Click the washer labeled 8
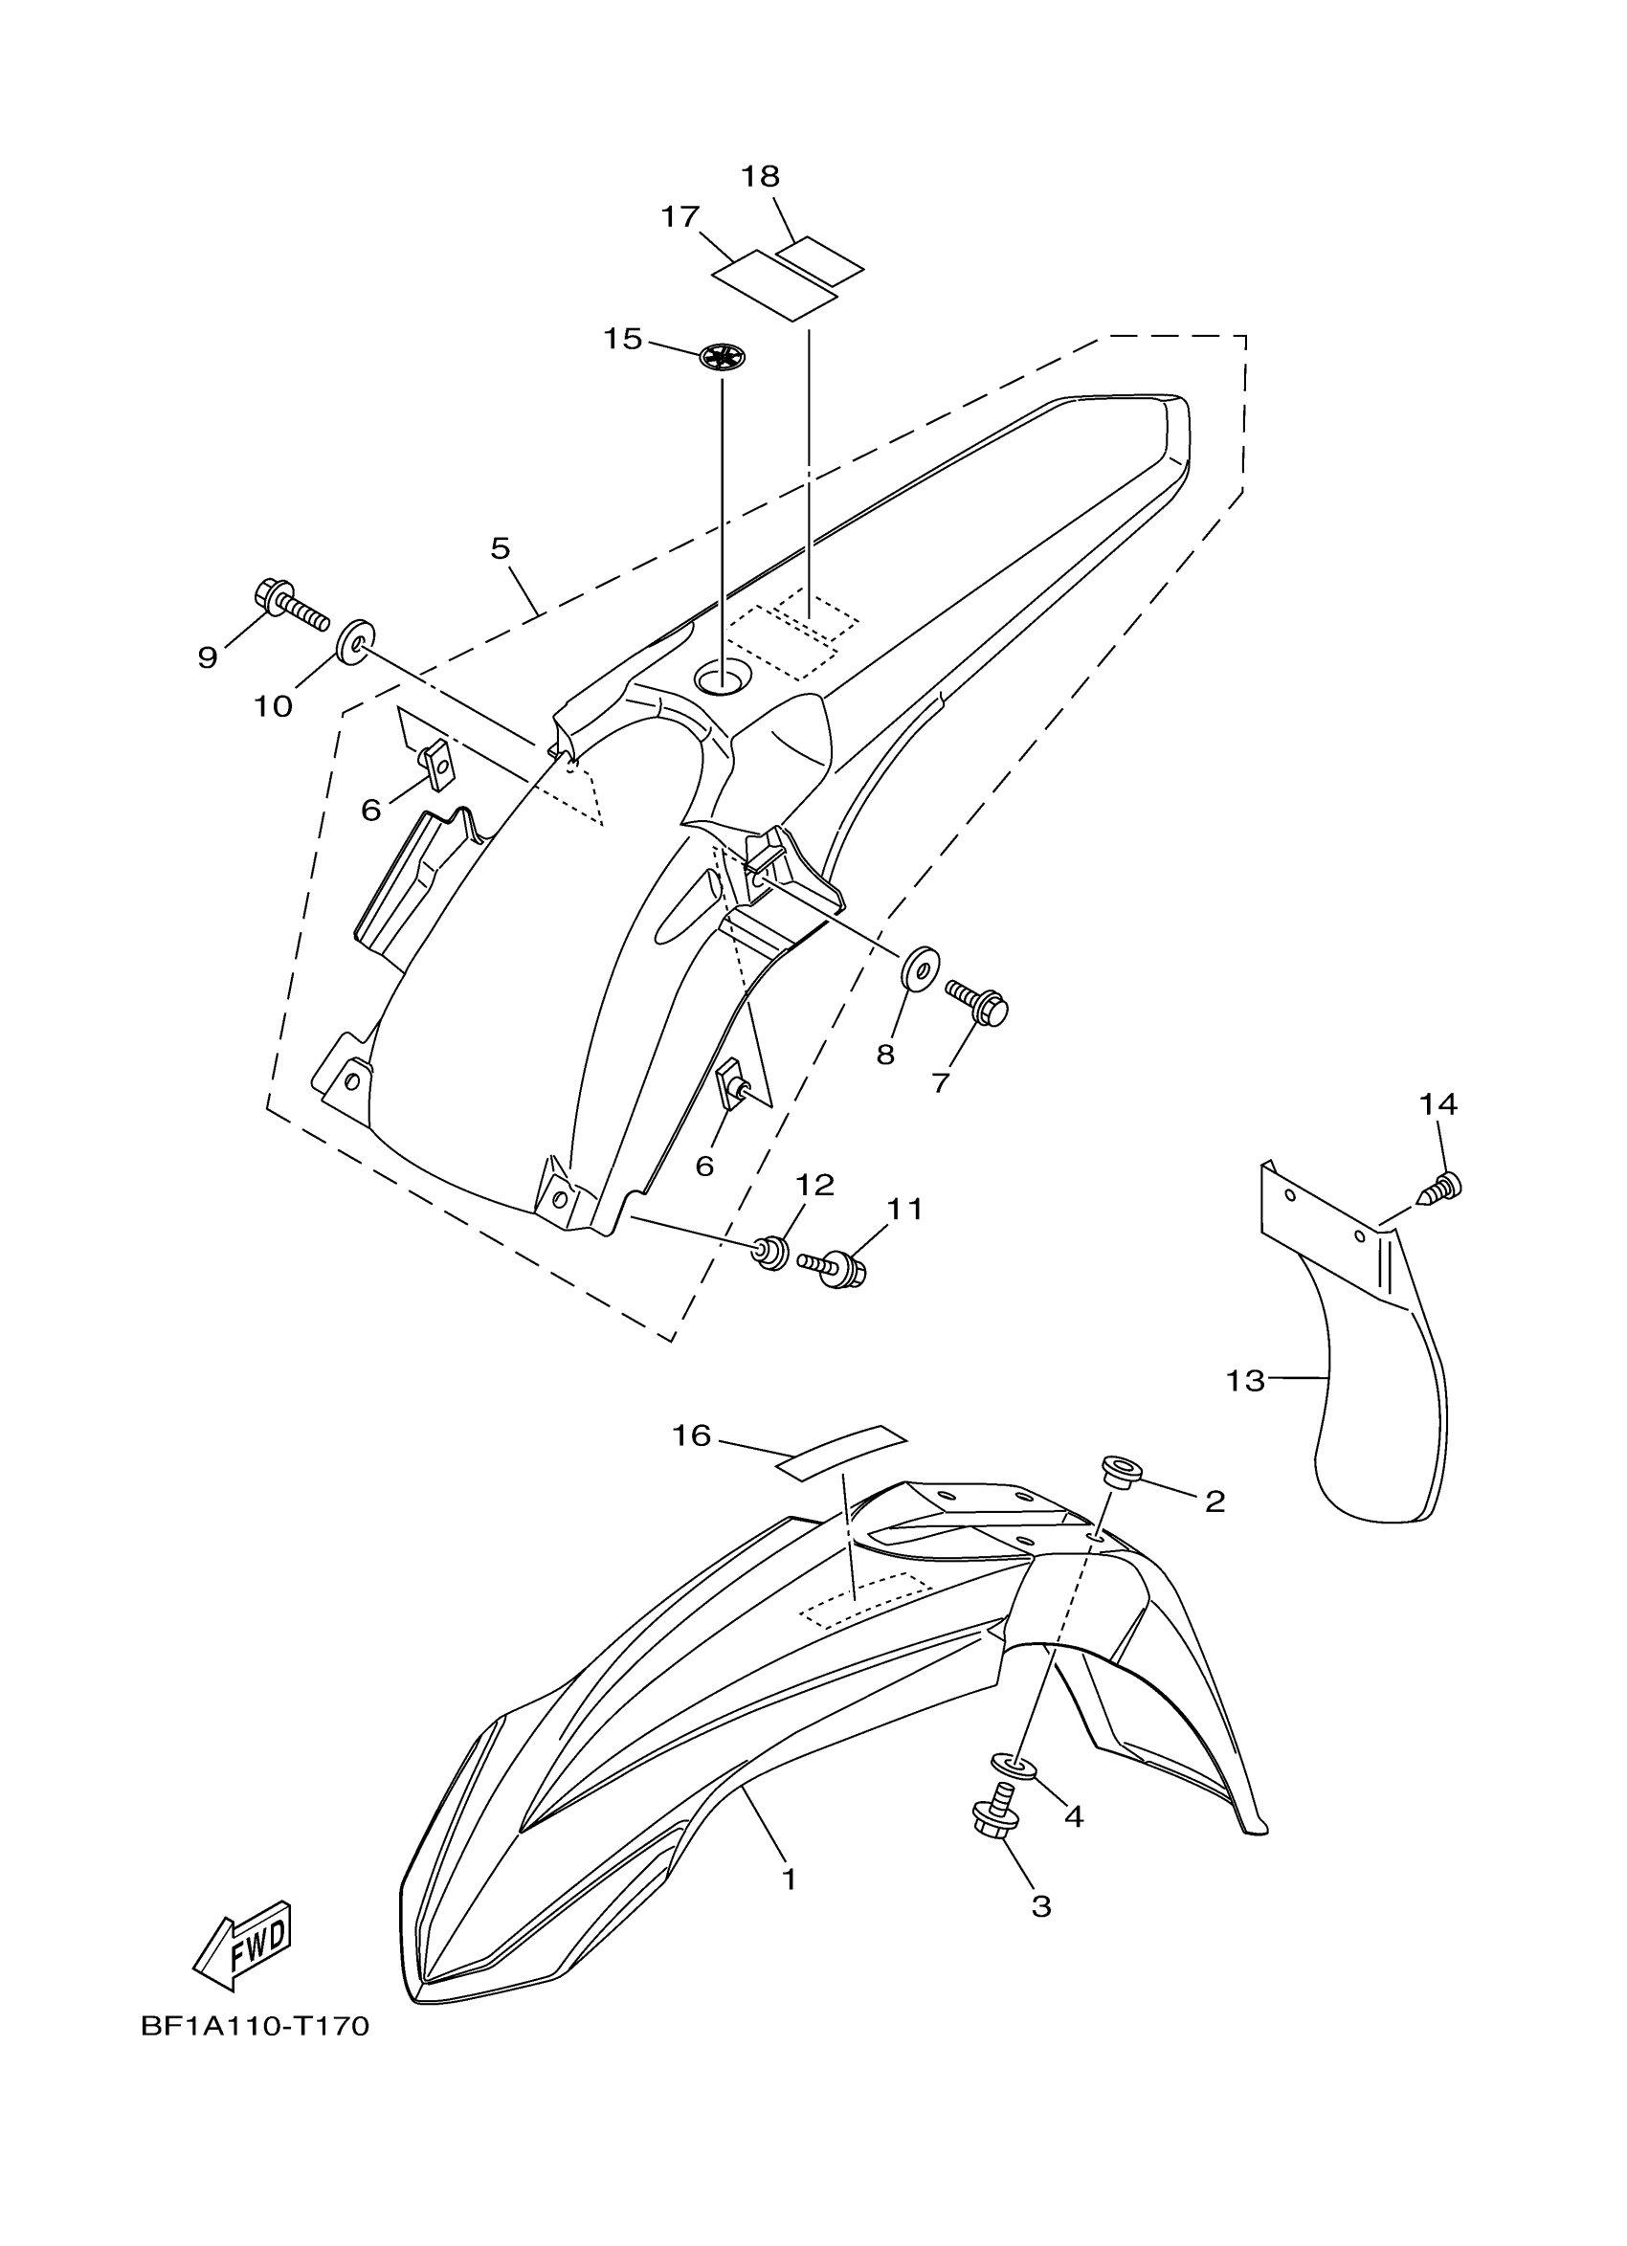click(920, 967)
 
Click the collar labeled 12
click(771, 1253)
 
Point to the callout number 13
click(1246, 1381)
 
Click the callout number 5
click(501, 547)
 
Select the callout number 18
click(761, 176)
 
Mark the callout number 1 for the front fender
click(790, 1879)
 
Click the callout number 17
click(680, 217)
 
